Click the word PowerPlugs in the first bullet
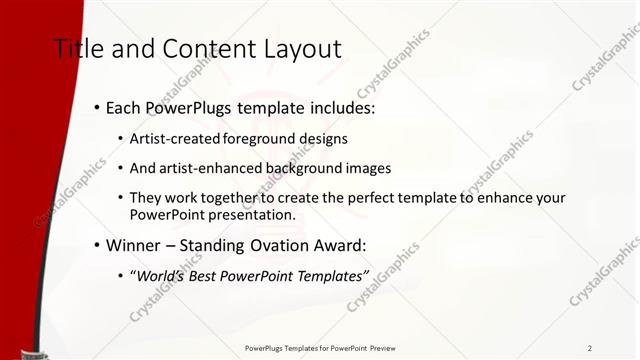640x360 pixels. tap(187, 107)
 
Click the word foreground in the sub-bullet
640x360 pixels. tap(262, 139)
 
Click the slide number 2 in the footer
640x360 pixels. tap(589, 348)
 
